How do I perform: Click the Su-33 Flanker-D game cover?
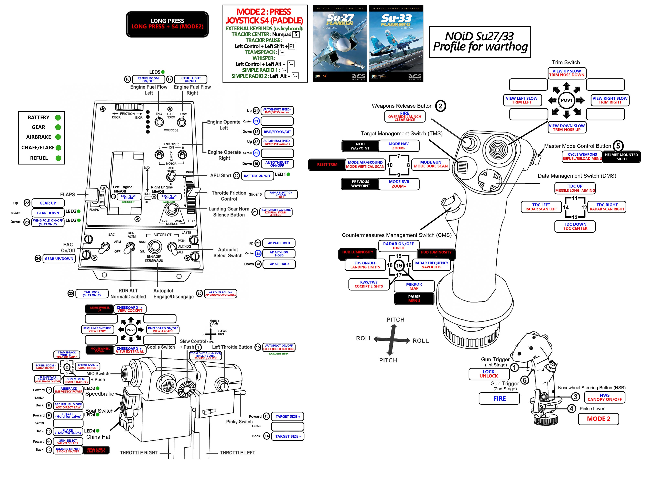396,43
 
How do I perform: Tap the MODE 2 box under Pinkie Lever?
598,419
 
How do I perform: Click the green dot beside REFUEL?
58,158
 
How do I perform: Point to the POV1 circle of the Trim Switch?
566,100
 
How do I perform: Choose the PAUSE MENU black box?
414,298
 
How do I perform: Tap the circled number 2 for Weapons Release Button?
440,106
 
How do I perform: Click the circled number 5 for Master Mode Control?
618,146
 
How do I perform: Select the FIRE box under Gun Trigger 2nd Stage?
499,398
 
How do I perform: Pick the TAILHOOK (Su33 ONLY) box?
92,294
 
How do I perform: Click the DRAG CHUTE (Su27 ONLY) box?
96,450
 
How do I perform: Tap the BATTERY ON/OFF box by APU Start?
257,176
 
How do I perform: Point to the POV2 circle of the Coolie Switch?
131,330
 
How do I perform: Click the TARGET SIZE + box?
287,416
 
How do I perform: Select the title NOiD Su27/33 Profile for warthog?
480,42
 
